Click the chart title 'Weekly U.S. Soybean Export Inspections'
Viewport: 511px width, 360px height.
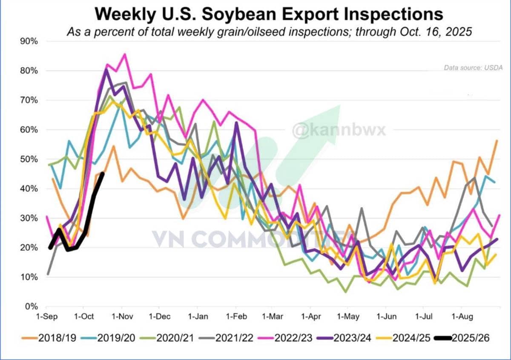269,14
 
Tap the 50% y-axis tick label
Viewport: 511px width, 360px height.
29,159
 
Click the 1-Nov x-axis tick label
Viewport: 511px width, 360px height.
122,317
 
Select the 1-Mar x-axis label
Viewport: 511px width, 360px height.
273,317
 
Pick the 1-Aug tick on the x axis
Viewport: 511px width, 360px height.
461,317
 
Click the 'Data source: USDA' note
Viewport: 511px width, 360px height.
473,67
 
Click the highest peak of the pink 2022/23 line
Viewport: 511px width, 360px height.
124,54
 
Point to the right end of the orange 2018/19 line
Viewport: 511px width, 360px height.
497,140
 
